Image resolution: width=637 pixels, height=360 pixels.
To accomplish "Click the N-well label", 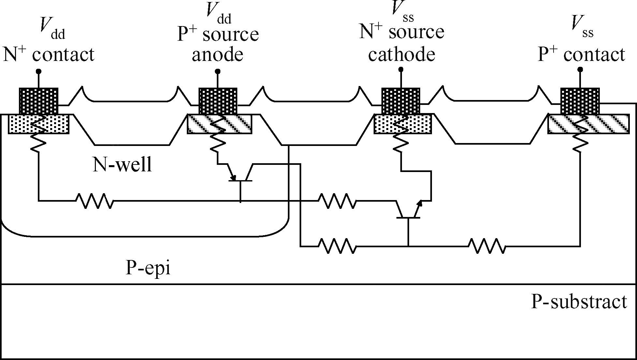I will point(122,164).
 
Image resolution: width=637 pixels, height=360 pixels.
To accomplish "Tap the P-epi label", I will point(148,268).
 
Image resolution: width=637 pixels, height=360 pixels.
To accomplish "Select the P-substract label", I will point(579,302).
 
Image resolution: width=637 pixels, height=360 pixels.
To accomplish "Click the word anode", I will point(217,54).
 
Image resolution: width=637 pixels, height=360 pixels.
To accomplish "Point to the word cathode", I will point(402,54).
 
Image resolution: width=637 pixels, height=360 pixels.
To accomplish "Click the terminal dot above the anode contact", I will point(218,71).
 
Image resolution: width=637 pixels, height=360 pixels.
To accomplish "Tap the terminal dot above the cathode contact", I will point(401,69).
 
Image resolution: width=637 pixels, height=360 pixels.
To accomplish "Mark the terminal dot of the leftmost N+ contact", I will point(38,71).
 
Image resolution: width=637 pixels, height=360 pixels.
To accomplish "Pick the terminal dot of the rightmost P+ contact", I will point(580,69).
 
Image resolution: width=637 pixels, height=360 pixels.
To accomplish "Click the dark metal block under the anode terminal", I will point(218,101).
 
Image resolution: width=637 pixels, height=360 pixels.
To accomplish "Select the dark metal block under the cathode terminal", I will point(401,101).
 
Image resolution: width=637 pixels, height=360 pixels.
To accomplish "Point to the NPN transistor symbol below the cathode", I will point(408,215).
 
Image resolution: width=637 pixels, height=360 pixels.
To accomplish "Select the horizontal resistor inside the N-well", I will point(95,201).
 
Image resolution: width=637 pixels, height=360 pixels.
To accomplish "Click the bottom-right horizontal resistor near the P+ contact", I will point(487,246).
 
